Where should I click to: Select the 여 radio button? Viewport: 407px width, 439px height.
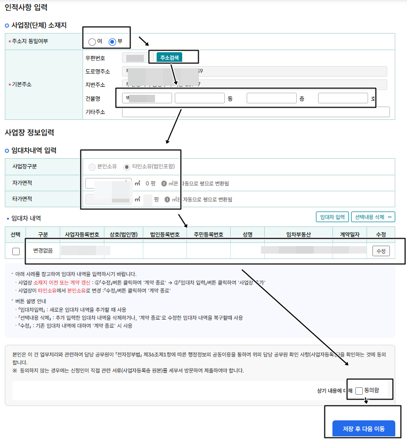coord(92,42)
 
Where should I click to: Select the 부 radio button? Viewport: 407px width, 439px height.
coord(112,42)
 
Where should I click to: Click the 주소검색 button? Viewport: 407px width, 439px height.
coord(169,58)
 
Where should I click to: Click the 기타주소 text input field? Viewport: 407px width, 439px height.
coord(256,112)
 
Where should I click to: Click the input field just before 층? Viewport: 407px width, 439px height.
coord(271,98)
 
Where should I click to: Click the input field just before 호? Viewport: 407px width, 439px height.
coord(343,98)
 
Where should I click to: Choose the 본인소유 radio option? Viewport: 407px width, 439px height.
coord(93,167)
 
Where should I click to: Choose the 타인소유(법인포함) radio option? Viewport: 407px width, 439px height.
coord(126,167)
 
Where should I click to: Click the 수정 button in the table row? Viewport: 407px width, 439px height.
coord(381,251)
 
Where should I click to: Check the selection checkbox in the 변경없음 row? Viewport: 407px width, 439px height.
coord(16,251)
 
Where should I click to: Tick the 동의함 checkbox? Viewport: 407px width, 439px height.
coord(359,391)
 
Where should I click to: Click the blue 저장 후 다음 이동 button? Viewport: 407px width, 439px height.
coord(363,429)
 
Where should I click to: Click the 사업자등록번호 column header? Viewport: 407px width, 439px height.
coord(82,234)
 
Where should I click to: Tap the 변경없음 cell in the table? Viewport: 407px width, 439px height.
coord(43,250)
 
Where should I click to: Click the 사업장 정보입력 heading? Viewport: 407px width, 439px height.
coord(29,132)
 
